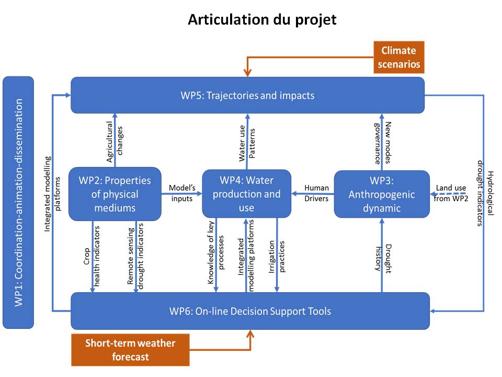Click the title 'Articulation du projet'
[x=262, y=19]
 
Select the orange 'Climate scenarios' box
[x=399, y=57]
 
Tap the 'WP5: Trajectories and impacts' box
[x=247, y=95]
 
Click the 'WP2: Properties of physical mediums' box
[x=115, y=194]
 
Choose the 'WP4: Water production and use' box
[x=246, y=194]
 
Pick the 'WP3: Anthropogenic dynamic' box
[x=382, y=194]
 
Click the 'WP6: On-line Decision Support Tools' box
[x=250, y=311]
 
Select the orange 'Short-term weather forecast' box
[x=130, y=350]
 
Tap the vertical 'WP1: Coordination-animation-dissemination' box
[x=18, y=202]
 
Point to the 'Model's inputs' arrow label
[x=182, y=193]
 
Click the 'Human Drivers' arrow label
[x=316, y=193]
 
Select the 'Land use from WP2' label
[x=451, y=193]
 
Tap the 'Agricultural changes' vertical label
[x=115, y=141]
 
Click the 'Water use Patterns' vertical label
[x=247, y=143]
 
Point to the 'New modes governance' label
[x=383, y=142]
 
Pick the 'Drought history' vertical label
[x=383, y=259]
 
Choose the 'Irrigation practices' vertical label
[x=277, y=257]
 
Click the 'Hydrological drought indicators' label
[x=485, y=193]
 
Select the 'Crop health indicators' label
[x=92, y=256]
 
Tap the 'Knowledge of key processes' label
[x=215, y=252]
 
